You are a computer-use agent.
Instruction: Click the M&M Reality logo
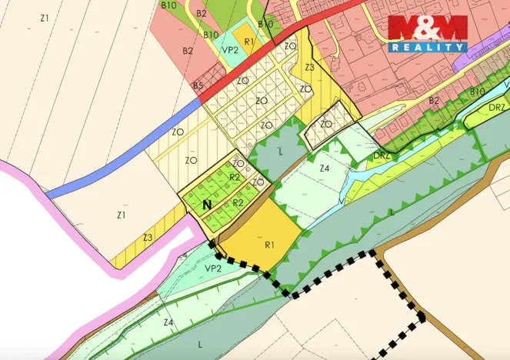click(427, 33)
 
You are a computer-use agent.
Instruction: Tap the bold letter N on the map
click(206, 205)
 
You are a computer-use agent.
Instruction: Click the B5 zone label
click(198, 85)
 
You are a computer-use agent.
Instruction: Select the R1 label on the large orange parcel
click(270, 245)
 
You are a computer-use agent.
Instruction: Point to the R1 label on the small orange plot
click(248, 42)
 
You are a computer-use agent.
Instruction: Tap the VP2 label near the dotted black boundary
click(213, 268)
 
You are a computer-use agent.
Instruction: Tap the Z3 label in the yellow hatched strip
click(147, 238)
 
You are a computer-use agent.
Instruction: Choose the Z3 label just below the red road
click(309, 68)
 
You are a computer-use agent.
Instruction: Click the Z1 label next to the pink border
click(121, 215)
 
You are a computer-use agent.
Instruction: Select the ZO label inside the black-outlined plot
click(326, 124)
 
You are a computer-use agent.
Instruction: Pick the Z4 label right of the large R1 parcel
click(324, 168)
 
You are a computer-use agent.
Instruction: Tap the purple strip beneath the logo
click(462, 47)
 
